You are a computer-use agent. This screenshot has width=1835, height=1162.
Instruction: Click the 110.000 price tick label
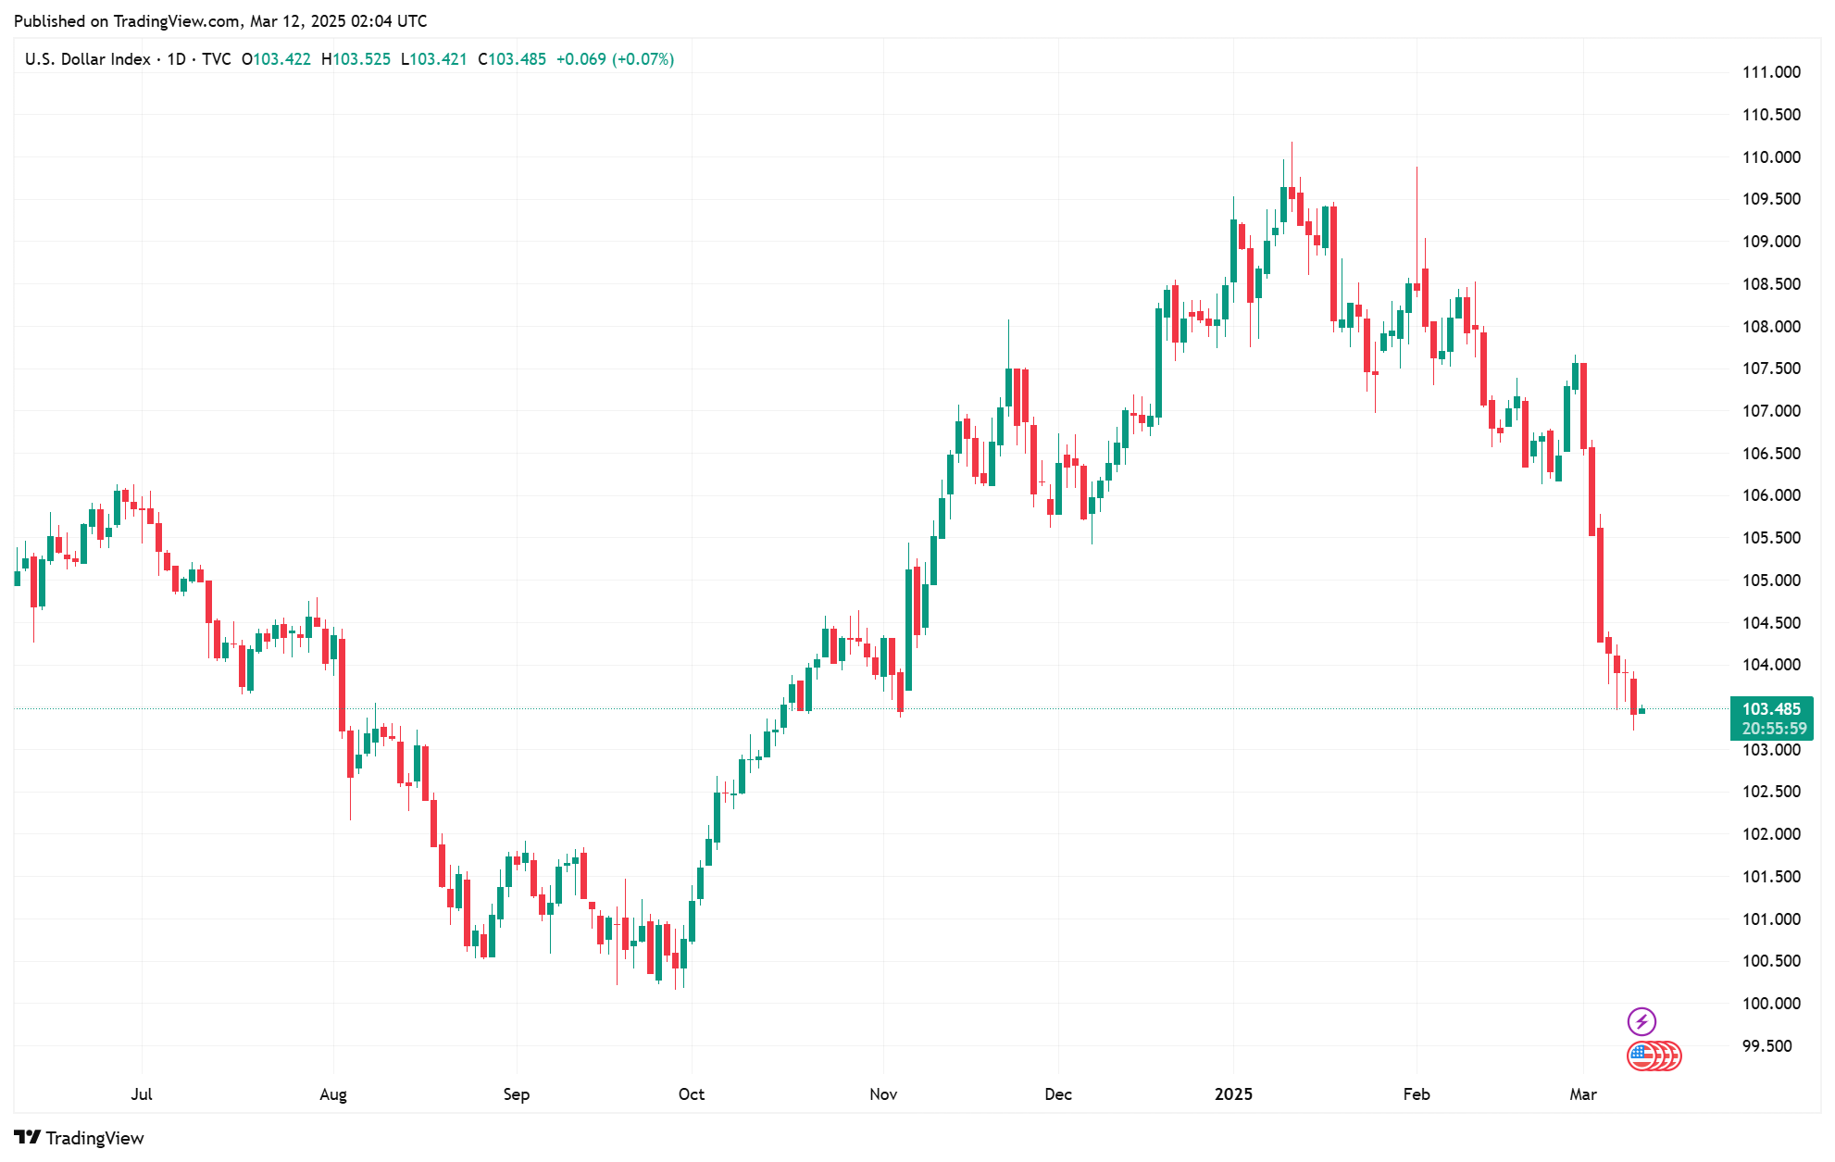click(x=1771, y=157)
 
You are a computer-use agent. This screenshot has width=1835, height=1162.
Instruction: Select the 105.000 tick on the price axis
click(x=1771, y=581)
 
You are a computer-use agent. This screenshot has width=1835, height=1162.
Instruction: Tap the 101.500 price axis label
click(x=1771, y=877)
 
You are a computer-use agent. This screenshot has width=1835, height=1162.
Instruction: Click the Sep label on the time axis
click(x=517, y=1094)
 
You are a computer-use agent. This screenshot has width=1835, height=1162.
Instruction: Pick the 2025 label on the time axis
click(x=1233, y=1094)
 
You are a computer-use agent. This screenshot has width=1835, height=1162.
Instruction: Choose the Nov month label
click(x=883, y=1094)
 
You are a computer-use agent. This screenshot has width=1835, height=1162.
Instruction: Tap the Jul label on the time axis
click(x=142, y=1094)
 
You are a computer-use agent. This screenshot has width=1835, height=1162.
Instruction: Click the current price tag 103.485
click(x=1771, y=709)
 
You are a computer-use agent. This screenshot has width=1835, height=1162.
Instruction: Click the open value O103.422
click(x=276, y=59)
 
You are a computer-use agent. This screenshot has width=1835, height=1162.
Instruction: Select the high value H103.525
click(x=356, y=59)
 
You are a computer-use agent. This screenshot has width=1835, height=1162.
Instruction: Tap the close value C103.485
click(x=512, y=59)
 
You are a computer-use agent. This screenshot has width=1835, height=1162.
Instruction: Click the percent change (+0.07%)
click(x=643, y=59)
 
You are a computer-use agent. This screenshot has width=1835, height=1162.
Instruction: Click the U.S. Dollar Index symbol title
click(x=88, y=59)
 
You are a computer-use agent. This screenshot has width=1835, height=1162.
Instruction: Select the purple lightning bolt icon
click(x=1642, y=1021)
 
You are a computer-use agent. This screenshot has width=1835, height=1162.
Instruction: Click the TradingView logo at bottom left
click(x=80, y=1138)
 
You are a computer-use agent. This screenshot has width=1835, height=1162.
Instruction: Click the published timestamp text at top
click(x=220, y=20)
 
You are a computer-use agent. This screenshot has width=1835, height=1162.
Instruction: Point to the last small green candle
click(x=1642, y=710)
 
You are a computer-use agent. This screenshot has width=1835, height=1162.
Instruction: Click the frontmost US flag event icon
click(x=1642, y=1056)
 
